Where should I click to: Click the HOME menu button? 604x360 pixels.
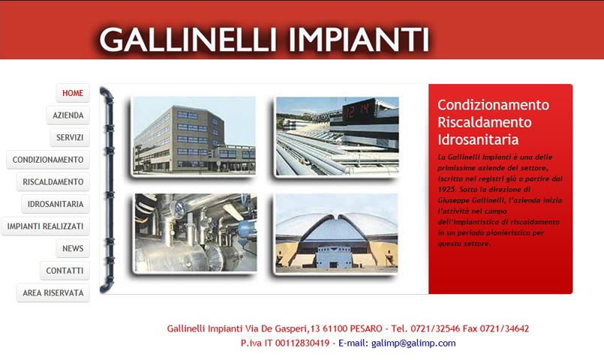click(73, 93)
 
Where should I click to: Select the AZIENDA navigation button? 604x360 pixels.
click(68, 115)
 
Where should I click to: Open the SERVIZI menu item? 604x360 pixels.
click(70, 137)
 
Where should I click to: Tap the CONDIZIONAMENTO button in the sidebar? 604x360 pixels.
click(48, 160)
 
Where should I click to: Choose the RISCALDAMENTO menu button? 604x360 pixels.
click(53, 181)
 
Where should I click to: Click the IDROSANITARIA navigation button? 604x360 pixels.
click(56, 204)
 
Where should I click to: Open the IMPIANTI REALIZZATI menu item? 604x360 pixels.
click(46, 226)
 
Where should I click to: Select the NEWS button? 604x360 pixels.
click(73, 248)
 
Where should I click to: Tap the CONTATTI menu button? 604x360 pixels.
click(65, 271)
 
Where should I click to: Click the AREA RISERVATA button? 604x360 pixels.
click(53, 293)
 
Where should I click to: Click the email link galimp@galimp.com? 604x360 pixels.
click(413, 343)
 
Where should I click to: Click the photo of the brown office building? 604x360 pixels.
click(194, 136)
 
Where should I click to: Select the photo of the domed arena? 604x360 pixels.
click(337, 232)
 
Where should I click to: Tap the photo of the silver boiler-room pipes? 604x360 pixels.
click(195, 232)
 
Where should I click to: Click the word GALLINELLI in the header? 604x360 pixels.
click(188, 39)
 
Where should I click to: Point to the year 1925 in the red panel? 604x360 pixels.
click(447, 190)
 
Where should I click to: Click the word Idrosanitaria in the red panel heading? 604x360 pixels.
click(478, 139)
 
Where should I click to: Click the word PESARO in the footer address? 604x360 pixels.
click(366, 328)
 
